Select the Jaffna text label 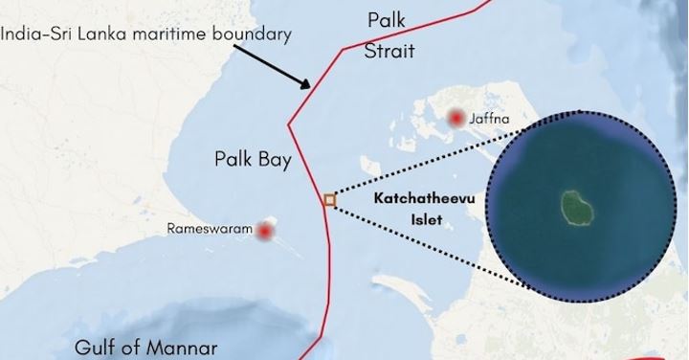point(490,119)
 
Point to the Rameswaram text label point(210,230)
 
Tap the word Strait point(389,51)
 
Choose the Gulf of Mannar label point(148,347)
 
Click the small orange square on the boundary point(329,200)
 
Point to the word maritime point(166,34)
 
